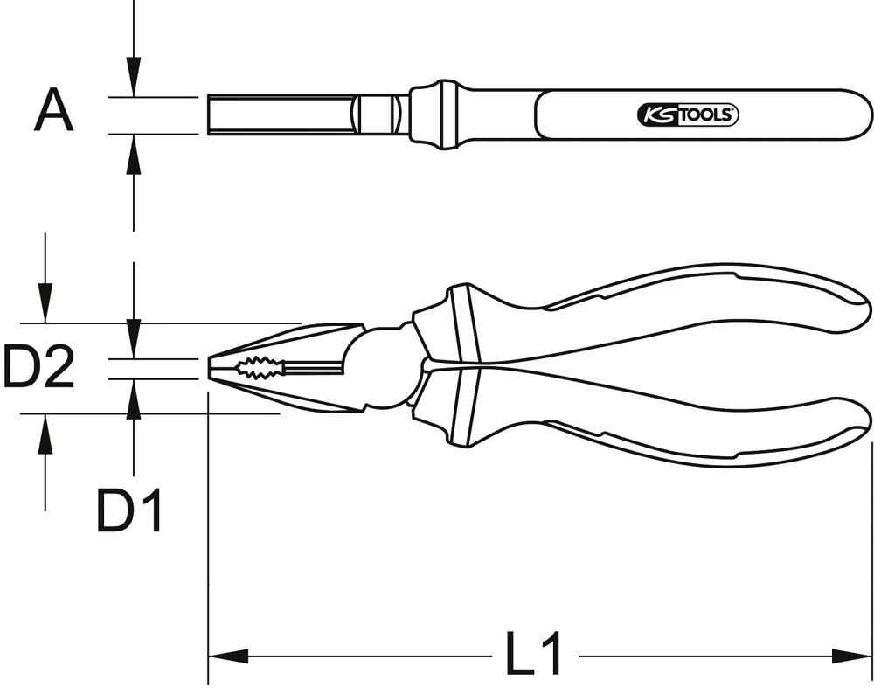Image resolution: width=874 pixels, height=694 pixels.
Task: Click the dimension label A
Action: [x=54, y=114]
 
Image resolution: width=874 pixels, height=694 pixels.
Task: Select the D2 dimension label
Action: [x=38, y=367]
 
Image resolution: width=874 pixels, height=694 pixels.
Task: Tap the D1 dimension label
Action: [x=129, y=511]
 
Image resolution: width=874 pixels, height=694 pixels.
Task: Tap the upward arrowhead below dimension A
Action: [x=133, y=154]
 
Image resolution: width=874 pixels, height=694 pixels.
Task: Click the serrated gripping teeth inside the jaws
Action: [x=262, y=368]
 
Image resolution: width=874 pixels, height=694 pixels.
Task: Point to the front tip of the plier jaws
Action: [x=212, y=368]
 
